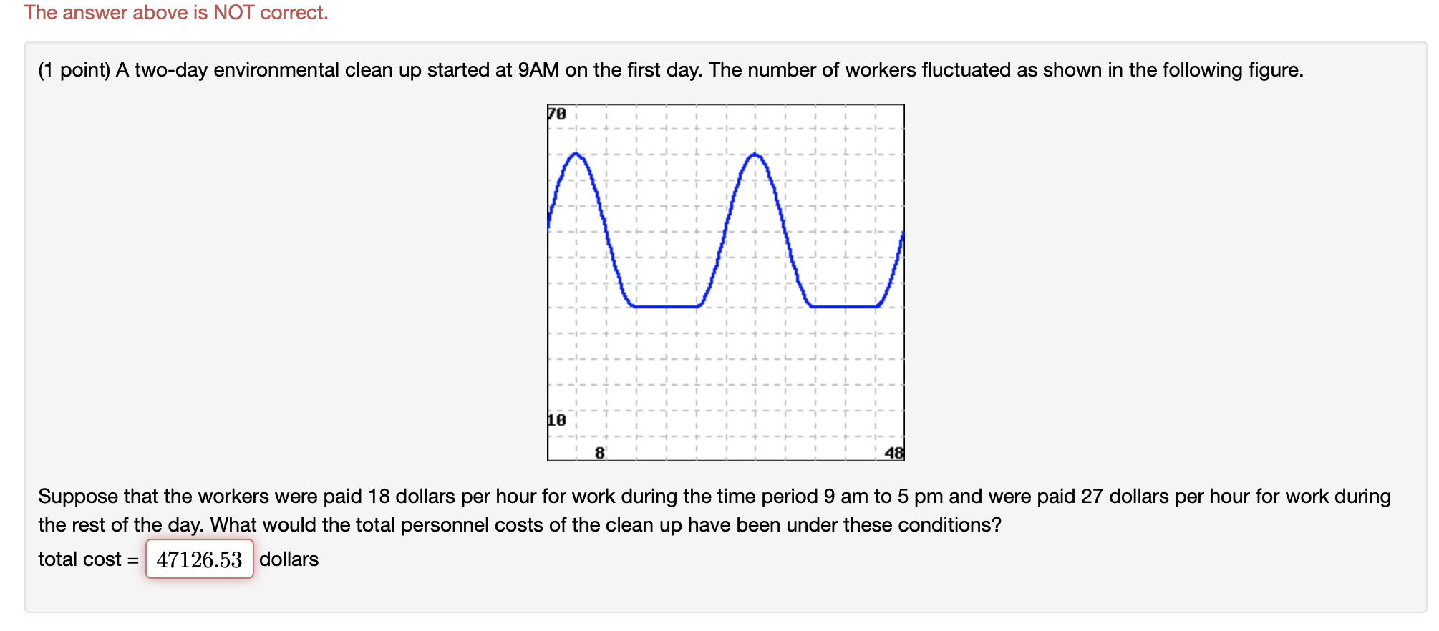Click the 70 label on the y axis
click(x=557, y=114)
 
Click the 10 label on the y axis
click(x=557, y=420)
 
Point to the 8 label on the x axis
click(x=600, y=453)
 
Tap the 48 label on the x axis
click(x=894, y=453)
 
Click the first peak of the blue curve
click(x=576, y=154)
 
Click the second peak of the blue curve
click(x=755, y=154)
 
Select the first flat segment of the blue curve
click(x=666, y=307)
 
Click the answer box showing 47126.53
click(x=200, y=559)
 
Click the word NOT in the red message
click(x=233, y=13)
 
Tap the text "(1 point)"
click(x=74, y=70)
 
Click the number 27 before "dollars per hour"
click(x=1092, y=497)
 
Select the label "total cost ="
click(x=88, y=559)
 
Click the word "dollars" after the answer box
click(x=289, y=559)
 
